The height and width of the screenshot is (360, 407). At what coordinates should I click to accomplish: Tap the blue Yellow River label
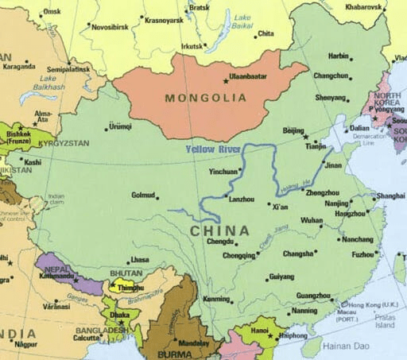(212, 149)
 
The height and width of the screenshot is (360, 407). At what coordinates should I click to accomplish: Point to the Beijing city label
(294, 130)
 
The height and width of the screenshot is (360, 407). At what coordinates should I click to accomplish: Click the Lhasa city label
(140, 260)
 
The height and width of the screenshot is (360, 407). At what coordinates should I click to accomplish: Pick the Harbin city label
(339, 57)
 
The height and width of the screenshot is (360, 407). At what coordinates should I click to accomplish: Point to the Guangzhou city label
(313, 295)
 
